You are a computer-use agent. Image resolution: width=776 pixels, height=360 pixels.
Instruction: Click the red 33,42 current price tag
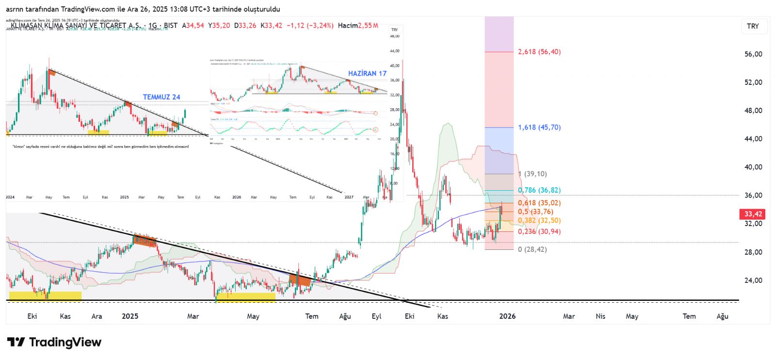tap(753, 214)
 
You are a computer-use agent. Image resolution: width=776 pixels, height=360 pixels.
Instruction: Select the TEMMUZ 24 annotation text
tap(162, 97)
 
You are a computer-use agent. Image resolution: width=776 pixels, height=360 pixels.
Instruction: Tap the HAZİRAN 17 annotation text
tap(367, 73)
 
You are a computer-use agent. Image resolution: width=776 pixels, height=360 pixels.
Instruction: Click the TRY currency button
tap(753, 26)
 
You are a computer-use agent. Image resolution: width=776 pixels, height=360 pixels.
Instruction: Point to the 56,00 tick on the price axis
tap(753, 54)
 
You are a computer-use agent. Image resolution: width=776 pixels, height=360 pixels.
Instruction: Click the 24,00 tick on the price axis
tap(753, 280)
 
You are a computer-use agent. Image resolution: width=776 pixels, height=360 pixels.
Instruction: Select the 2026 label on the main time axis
tap(507, 316)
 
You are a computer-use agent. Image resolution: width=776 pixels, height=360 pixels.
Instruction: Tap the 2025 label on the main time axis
tap(130, 316)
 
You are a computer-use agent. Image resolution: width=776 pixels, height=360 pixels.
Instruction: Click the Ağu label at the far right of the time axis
tap(722, 316)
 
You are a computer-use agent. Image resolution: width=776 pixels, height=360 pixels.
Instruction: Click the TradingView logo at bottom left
tap(54, 343)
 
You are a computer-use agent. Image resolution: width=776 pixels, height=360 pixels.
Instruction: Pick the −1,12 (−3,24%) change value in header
tap(310, 25)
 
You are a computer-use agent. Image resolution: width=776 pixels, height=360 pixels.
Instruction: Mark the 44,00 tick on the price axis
tap(753, 139)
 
